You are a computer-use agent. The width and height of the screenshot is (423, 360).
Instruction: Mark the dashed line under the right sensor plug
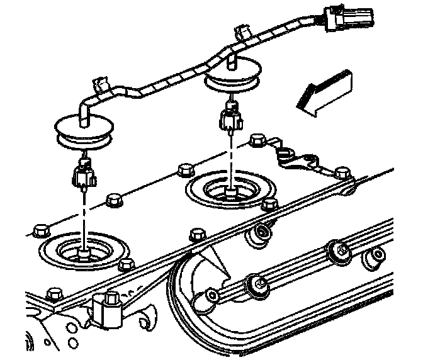click(x=232, y=157)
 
